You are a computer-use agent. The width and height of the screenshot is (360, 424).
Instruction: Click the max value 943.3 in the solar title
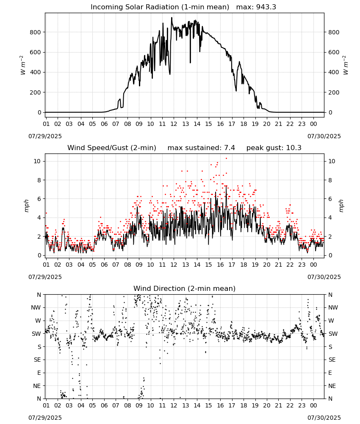[266, 7]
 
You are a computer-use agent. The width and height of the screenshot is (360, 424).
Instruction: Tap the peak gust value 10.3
[293, 148]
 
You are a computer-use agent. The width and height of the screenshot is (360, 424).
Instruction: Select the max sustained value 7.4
[230, 148]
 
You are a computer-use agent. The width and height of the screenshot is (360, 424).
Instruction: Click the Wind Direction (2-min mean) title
[185, 288]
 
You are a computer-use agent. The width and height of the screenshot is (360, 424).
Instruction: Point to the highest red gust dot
[226, 159]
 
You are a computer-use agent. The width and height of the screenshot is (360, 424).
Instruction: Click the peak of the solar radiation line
[172, 17]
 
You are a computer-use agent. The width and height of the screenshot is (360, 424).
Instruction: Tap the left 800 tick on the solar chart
[36, 32]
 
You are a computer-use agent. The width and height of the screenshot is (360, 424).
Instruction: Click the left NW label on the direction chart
[36, 307]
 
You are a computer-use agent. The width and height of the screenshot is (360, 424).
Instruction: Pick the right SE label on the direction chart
[332, 360]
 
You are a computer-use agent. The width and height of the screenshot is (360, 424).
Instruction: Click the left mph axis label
[26, 206]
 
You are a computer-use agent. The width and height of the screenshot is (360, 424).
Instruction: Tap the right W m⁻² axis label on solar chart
[346, 65]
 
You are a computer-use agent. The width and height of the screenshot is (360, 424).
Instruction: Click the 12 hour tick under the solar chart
[174, 124]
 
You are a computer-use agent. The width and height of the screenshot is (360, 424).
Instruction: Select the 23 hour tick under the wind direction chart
[302, 405]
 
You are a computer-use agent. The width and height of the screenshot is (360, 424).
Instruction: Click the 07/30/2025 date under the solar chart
[324, 136]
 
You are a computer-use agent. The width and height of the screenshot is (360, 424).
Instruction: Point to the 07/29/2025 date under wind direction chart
[45, 418]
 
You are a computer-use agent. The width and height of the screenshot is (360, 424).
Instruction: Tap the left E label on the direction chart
[39, 373]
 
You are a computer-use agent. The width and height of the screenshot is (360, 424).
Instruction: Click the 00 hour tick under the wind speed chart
[313, 265]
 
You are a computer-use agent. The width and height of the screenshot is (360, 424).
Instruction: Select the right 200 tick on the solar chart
[334, 92]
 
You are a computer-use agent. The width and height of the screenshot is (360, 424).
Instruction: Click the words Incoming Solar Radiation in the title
[135, 7]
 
